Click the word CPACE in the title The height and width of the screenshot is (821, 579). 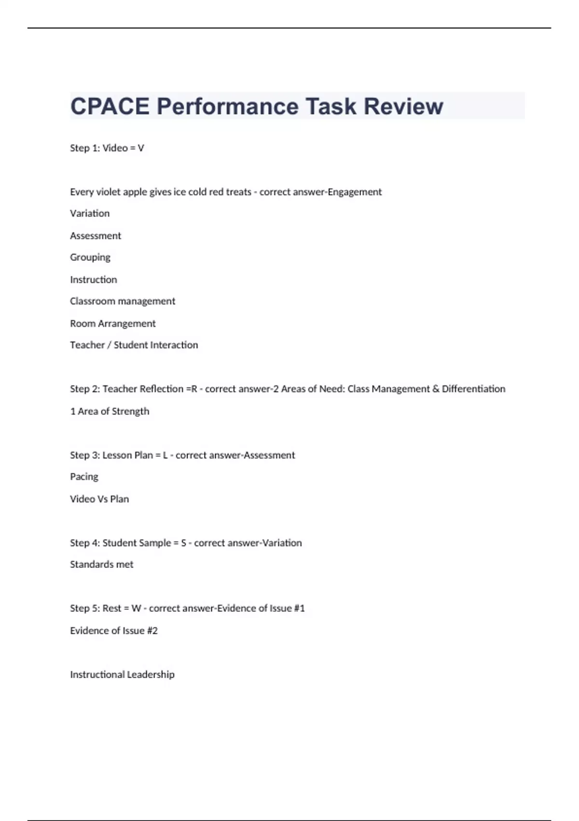tap(110, 106)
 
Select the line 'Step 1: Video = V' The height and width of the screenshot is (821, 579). tap(107, 148)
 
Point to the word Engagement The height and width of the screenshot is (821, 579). tap(355, 192)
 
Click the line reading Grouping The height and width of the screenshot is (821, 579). tap(90, 257)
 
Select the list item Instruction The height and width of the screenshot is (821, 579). tap(94, 280)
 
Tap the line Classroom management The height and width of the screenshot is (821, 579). tap(123, 301)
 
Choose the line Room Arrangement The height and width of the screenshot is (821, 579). tap(113, 324)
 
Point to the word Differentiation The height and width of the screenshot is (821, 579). tap(473, 389)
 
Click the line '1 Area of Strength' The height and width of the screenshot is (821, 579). tap(110, 411)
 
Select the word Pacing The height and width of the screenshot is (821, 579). tap(84, 477)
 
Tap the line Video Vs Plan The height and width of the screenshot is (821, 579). tap(99, 499)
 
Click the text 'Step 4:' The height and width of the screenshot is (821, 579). tap(85, 543)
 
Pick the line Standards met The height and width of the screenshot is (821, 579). tap(101, 565)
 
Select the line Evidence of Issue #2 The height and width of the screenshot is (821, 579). tap(114, 631)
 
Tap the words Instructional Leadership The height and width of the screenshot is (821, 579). tap(122, 675)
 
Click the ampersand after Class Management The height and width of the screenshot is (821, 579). tap(436, 389)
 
